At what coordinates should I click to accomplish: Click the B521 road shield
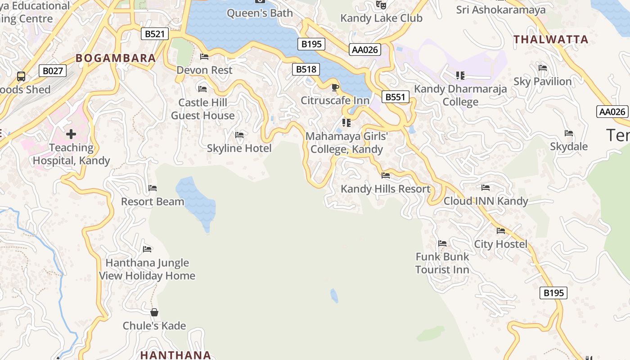pos(155,34)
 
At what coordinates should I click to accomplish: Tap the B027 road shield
pos(53,71)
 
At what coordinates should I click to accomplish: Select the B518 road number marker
pos(306,69)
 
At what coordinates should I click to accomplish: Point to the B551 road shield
pos(396,97)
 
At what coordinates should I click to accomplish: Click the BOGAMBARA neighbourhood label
pos(116,58)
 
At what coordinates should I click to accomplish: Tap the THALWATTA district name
pos(551,40)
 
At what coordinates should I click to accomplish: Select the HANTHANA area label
pos(175,355)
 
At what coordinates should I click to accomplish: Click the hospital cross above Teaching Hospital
pos(71,134)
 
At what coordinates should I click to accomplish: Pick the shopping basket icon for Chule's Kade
pos(154,312)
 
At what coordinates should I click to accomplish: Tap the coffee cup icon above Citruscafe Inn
pos(335,87)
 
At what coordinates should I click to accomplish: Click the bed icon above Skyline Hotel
pos(239,135)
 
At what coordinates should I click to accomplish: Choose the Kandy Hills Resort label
pos(386,189)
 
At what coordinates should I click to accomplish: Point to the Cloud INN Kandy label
pos(486,201)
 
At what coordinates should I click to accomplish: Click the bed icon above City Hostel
pos(501,231)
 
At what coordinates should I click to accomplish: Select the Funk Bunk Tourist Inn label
pos(442,263)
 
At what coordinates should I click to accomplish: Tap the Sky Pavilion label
pos(542,81)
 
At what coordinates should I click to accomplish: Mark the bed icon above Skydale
pos(569,134)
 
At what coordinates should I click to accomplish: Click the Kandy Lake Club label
pos(381,18)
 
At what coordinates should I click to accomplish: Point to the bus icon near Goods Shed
pos(21,76)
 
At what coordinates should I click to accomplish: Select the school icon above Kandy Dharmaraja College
pos(460,76)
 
